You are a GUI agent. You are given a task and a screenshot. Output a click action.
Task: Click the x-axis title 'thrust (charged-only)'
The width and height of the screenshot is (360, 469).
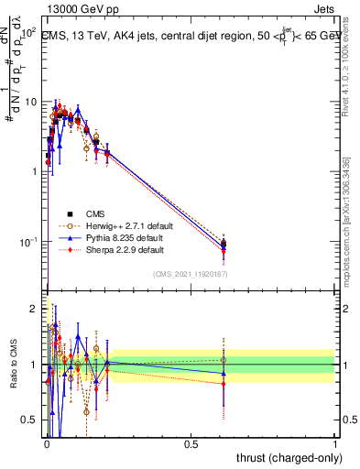click(x=289, y=456)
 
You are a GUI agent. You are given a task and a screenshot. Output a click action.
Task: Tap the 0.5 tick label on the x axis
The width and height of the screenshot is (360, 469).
click(x=191, y=442)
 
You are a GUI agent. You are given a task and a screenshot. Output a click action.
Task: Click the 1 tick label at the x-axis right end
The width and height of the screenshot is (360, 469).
click(x=335, y=442)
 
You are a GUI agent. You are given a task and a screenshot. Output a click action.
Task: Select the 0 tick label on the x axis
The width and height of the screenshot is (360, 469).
click(x=47, y=442)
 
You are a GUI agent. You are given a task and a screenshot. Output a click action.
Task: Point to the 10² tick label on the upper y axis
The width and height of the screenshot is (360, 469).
click(x=29, y=32)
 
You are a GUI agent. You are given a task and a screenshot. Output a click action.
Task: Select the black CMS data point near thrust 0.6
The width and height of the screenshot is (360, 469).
click(x=224, y=244)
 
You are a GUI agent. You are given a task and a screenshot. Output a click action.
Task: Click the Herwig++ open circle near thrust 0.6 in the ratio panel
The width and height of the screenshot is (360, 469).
click(x=224, y=360)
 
